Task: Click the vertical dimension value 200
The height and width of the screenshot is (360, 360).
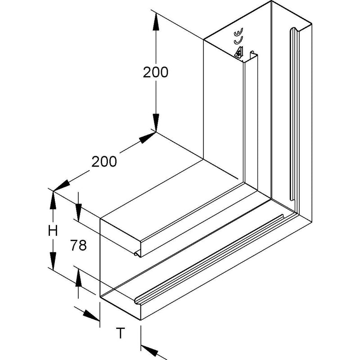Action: pos(155,72)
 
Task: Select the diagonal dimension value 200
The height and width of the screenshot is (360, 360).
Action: pos(104,162)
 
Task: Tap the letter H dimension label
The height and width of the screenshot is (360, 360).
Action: pos(53,231)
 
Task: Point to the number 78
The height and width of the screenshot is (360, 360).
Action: pos(78,245)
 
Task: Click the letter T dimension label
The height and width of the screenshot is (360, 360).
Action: pos(120,333)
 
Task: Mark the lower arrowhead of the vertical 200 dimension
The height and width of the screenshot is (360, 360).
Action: pos(156,123)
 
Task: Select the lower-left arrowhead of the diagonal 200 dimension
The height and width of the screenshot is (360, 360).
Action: pos(62,185)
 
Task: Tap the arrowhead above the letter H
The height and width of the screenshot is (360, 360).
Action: pos(53,200)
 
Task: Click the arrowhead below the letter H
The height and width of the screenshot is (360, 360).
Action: pos(53,261)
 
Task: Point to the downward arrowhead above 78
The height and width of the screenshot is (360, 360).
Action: pos(78,213)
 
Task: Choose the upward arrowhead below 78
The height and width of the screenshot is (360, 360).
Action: pos(78,278)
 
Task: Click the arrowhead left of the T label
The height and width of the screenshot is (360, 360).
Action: pos(91,315)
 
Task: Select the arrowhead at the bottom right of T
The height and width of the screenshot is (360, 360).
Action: pos(149,351)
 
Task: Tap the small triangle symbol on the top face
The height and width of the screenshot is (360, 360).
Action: pos(239,52)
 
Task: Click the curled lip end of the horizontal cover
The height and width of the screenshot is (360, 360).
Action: pos(137,253)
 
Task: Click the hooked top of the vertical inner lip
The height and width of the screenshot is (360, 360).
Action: pos(252,53)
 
